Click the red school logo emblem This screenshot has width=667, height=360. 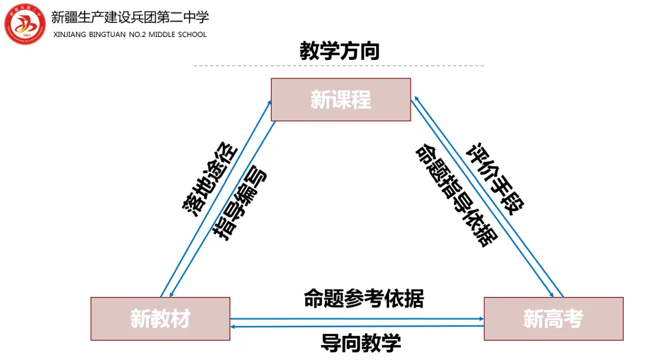point(25,24)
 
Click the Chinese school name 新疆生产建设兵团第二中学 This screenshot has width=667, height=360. point(130,17)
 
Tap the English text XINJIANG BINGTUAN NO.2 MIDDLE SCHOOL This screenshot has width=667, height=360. point(130,35)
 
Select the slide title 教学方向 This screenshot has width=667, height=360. point(340,51)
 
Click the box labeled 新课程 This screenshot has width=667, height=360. point(341,99)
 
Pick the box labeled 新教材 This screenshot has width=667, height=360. point(161,319)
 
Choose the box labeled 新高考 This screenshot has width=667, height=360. point(553,319)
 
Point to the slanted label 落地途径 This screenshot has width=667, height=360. point(210,179)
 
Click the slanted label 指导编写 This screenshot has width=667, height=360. point(240,203)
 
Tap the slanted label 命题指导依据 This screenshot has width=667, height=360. point(456,195)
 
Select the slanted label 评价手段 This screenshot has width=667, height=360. point(495,178)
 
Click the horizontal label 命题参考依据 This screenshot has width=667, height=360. point(364,298)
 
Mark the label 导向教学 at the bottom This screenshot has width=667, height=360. point(361,343)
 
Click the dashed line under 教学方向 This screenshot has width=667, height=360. point(339,66)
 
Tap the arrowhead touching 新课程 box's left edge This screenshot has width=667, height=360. point(269,103)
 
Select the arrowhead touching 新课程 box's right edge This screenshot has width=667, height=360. point(417,99)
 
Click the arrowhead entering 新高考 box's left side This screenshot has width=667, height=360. point(482,319)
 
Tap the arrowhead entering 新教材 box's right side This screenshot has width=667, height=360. point(233,327)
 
